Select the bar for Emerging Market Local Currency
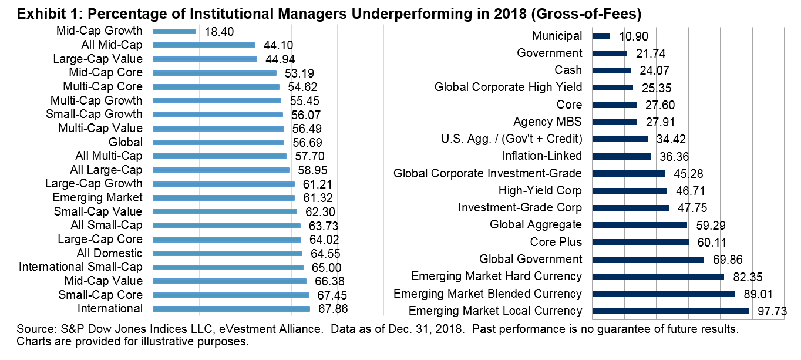[x=671, y=311]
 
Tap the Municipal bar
[x=601, y=36]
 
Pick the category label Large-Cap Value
[x=97, y=59]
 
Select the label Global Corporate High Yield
[x=509, y=88]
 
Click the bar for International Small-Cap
[x=228, y=267]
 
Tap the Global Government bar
[x=648, y=260]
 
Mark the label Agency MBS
[x=548, y=122]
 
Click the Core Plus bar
[x=641, y=242]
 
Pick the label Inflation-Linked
[x=542, y=156]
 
